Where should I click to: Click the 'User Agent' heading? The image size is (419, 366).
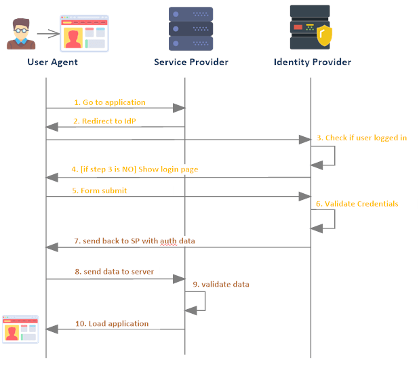[x=52, y=62]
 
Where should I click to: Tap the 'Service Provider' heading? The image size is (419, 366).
[x=191, y=62]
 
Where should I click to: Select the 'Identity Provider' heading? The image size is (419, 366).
[x=313, y=62]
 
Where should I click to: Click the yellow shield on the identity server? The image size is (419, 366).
[x=324, y=35]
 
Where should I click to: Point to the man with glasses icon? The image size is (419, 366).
[x=21, y=34]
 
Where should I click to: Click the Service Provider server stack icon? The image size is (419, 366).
[x=191, y=29]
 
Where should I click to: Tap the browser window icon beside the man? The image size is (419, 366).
[x=84, y=33]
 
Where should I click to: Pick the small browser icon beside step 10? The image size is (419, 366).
[x=20, y=329]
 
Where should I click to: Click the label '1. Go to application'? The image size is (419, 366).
[x=110, y=102]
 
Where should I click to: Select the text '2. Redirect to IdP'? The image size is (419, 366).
[x=104, y=121]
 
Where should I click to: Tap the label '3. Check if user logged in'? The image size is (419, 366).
[x=362, y=138]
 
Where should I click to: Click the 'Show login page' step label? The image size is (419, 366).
[x=168, y=169]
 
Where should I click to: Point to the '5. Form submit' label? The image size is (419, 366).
[x=100, y=190]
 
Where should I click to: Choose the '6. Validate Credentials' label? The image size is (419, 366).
[x=357, y=204]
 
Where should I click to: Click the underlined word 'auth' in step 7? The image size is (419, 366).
[x=168, y=241]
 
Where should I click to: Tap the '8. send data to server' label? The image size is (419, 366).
[x=115, y=272]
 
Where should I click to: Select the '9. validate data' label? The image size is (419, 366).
[x=221, y=284]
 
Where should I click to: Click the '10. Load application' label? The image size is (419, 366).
[x=112, y=323]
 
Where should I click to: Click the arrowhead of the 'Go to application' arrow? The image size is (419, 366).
[x=179, y=108]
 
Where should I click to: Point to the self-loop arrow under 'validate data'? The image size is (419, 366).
[x=205, y=301]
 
